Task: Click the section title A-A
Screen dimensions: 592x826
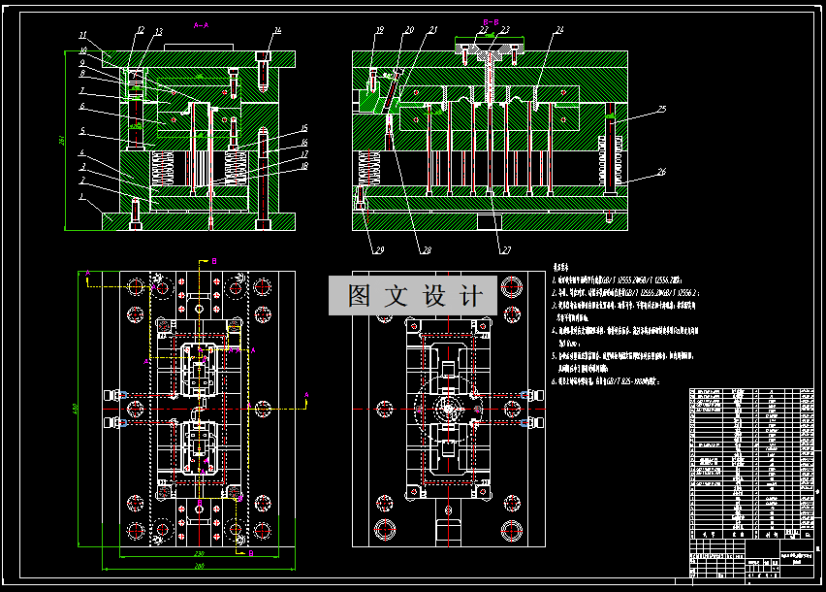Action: pyautogui.click(x=201, y=24)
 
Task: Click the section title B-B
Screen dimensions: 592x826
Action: pyautogui.click(x=492, y=19)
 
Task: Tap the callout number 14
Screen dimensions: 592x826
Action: pyautogui.click(x=277, y=30)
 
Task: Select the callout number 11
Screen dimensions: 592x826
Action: pyautogui.click(x=82, y=34)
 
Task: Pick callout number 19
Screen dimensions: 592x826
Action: pyautogui.click(x=380, y=30)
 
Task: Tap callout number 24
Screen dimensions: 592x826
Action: pyautogui.click(x=559, y=30)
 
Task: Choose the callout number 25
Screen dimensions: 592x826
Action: pyautogui.click(x=661, y=109)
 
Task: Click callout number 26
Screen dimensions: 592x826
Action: pyautogui.click(x=661, y=172)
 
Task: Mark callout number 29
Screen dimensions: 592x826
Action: pyautogui.click(x=379, y=250)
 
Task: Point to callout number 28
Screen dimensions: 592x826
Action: pyautogui.click(x=424, y=250)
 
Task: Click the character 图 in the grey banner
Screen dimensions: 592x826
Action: pyautogui.click(x=359, y=295)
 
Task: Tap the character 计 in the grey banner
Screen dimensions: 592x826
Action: pyautogui.click(x=474, y=295)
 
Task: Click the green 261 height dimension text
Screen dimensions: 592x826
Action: pyautogui.click(x=62, y=140)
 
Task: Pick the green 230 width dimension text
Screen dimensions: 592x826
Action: pyautogui.click(x=198, y=552)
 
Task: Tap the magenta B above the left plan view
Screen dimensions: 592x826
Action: pyautogui.click(x=215, y=261)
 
